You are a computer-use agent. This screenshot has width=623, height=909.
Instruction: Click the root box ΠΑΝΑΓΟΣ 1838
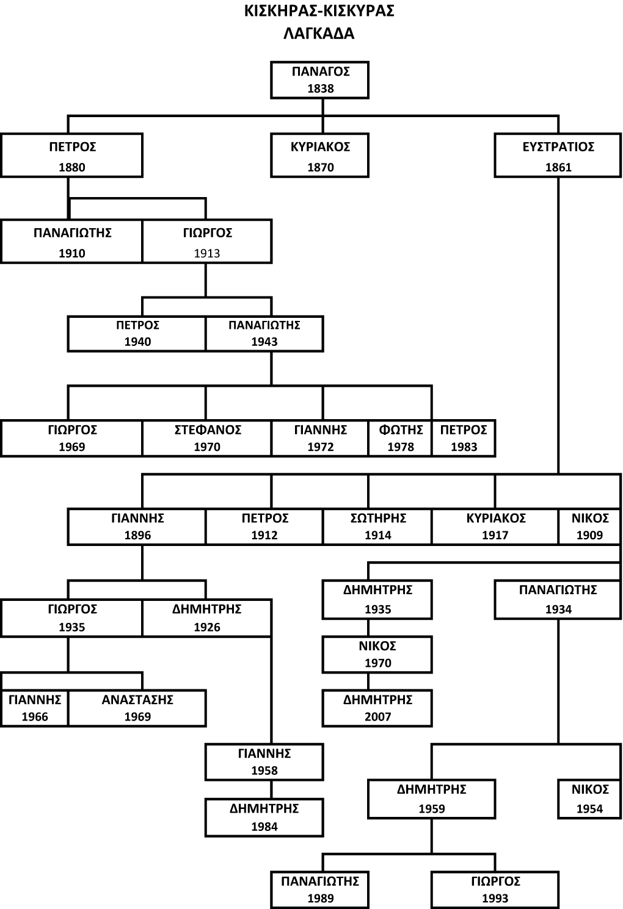click(x=320, y=80)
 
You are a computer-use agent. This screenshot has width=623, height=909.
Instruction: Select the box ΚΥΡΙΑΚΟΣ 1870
click(x=320, y=156)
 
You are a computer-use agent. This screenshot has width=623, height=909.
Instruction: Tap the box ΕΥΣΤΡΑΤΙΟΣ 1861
click(x=558, y=156)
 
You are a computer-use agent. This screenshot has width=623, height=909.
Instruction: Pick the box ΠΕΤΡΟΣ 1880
click(x=71, y=156)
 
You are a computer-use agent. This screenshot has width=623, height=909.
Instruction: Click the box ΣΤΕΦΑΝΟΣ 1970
click(x=206, y=438)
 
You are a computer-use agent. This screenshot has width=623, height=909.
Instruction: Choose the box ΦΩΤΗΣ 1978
click(x=400, y=438)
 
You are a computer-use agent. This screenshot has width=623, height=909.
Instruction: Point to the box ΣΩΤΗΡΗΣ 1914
click(x=377, y=526)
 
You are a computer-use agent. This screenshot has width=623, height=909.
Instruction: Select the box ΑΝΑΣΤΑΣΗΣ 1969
click(x=137, y=708)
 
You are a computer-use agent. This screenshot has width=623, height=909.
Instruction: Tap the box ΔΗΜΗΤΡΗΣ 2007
click(x=377, y=708)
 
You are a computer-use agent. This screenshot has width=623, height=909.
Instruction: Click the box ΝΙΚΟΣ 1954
click(x=589, y=799)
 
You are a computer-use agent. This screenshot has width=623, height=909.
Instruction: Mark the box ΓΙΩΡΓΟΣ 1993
click(x=495, y=889)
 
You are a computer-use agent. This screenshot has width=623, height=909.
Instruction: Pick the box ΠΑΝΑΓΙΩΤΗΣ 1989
click(x=320, y=889)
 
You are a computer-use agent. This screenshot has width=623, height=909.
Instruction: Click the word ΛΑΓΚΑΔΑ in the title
click(x=319, y=34)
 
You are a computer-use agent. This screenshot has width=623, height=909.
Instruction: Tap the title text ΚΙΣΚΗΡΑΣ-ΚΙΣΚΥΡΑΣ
click(x=319, y=12)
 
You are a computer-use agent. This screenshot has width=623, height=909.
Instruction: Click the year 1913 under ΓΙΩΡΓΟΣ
click(x=207, y=253)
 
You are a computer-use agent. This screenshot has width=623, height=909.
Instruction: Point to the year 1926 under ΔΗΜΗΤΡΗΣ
click(x=207, y=627)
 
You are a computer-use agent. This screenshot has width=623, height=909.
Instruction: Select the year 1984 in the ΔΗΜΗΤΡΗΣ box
click(x=264, y=827)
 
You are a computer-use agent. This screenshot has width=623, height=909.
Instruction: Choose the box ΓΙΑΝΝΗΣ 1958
click(x=264, y=762)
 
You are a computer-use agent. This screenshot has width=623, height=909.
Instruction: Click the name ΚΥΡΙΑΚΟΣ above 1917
click(x=495, y=518)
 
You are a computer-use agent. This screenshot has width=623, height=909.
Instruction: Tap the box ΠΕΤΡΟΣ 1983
click(x=464, y=438)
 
